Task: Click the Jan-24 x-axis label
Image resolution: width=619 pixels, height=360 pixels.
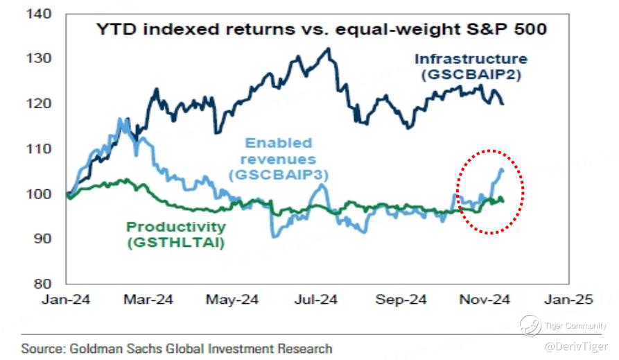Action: point(67,300)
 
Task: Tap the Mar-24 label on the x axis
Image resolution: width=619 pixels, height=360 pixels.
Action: point(149,300)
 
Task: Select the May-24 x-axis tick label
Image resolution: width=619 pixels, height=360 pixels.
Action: point(232,300)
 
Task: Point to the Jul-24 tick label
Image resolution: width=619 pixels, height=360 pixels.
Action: point(315,300)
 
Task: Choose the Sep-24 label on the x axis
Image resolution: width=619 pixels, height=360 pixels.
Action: point(400,300)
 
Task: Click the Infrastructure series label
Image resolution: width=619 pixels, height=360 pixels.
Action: point(471,59)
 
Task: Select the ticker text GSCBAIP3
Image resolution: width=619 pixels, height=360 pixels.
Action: point(278,175)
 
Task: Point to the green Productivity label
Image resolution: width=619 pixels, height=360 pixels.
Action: point(175,227)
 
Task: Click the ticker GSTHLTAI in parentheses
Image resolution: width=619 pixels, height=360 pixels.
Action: point(175,242)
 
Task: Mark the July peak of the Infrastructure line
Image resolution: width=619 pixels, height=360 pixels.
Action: point(327,49)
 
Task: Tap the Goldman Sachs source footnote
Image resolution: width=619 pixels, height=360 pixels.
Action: point(177,348)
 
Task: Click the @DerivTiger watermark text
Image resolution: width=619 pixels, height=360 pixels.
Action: point(575,345)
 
